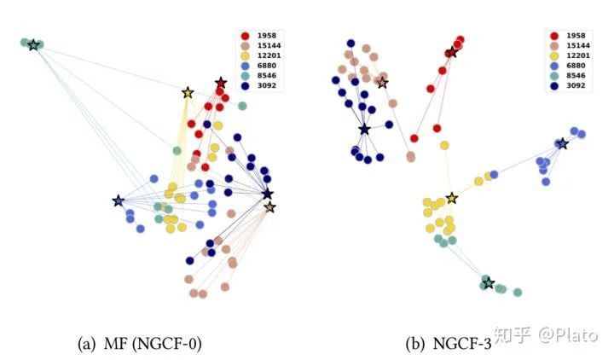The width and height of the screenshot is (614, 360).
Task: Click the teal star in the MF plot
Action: [33, 44]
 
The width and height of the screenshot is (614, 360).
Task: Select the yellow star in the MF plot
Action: [188, 92]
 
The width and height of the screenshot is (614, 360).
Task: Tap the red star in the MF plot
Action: [221, 83]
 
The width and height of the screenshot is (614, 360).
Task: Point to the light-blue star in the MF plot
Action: [118, 201]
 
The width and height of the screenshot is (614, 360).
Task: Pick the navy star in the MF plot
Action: [267, 195]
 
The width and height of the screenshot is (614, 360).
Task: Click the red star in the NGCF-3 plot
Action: [451, 53]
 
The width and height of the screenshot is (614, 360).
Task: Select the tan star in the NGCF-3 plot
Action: [382, 83]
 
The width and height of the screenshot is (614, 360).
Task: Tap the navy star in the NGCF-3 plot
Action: [365, 129]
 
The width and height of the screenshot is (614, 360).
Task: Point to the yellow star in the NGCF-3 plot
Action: [451, 199]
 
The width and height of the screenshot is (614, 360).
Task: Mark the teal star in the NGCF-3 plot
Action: [488, 283]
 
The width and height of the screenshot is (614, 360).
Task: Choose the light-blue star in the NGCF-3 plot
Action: [562, 143]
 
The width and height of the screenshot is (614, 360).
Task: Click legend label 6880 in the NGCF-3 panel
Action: [576, 65]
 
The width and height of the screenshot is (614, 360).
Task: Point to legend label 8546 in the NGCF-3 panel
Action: [576, 75]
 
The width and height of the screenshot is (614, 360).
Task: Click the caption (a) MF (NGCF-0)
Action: [139, 344]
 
